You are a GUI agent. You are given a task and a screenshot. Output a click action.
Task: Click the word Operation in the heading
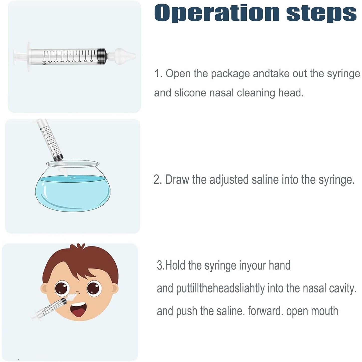click(217, 13)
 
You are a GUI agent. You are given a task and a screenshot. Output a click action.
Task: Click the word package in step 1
click(230, 74)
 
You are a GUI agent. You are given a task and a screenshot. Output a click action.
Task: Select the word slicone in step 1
click(190, 93)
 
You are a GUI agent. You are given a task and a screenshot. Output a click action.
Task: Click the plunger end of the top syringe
click(15, 57)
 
